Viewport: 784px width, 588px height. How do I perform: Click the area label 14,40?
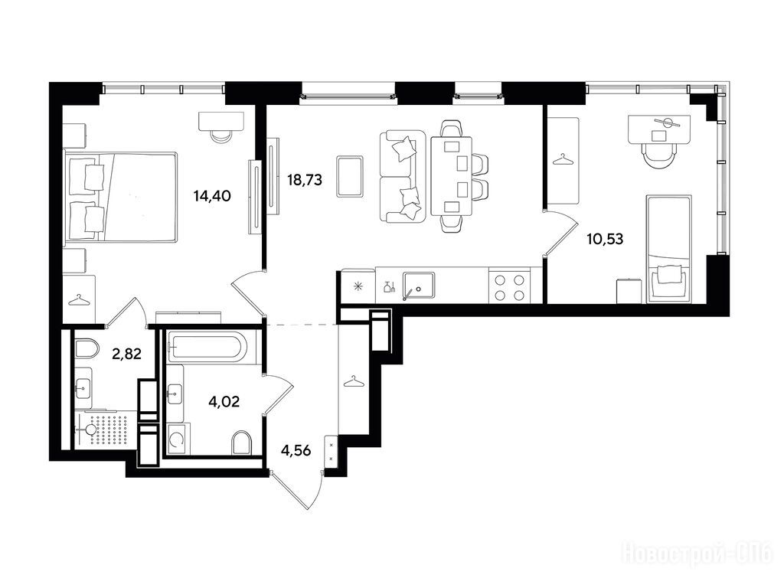[212, 195]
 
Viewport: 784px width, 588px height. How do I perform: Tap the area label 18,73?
[305, 179]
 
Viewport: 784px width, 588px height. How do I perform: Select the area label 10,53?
[605, 239]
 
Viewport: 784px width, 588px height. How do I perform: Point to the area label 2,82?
[127, 354]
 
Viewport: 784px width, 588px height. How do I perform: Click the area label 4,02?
[224, 401]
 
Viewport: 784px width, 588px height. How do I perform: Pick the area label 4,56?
[296, 450]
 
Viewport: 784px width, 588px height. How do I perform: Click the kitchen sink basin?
[419, 286]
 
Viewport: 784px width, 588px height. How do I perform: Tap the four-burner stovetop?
[509, 287]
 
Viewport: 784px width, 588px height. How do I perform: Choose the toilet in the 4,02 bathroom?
[241, 443]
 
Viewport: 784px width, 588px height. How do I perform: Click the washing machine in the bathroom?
[177, 439]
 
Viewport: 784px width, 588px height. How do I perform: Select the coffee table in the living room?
[350, 176]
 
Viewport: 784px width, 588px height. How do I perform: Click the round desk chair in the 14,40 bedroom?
[220, 136]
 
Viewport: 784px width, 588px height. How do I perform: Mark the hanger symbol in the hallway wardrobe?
[354, 381]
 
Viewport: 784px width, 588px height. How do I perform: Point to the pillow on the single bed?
[669, 276]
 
